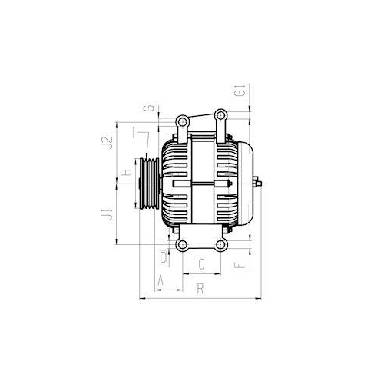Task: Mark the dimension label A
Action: point(160,281)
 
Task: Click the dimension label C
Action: point(200,265)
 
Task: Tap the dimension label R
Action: point(200,290)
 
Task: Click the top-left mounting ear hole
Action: point(182,121)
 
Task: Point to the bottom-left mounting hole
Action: point(182,245)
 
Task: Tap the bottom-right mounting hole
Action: point(221,245)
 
